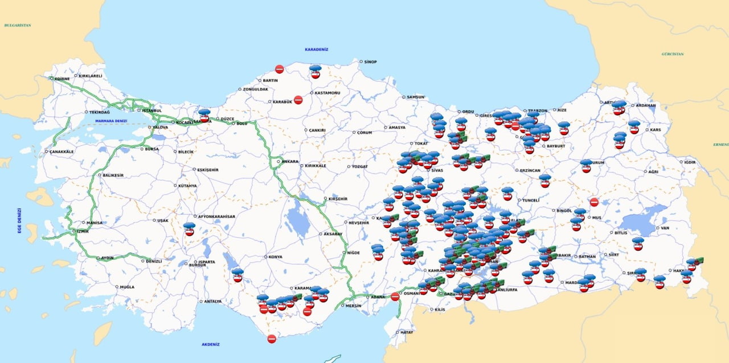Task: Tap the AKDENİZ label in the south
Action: click(x=210, y=344)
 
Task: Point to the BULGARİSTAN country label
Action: click(x=17, y=26)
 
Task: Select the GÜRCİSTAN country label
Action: click(x=672, y=54)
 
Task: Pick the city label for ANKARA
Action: click(x=290, y=161)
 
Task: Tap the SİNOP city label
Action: click(x=371, y=62)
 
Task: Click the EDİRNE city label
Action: click(x=62, y=79)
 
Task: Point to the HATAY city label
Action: click(x=406, y=332)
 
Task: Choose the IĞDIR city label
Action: click(x=690, y=162)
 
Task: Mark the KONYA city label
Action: click(x=275, y=257)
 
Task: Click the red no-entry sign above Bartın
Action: click(x=280, y=69)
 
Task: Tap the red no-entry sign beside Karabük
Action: click(x=298, y=100)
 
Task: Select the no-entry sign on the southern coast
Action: click(x=272, y=339)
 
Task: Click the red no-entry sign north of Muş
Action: click(x=594, y=202)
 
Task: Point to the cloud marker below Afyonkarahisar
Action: click(x=189, y=229)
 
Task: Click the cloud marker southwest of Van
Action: click(x=638, y=244)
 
